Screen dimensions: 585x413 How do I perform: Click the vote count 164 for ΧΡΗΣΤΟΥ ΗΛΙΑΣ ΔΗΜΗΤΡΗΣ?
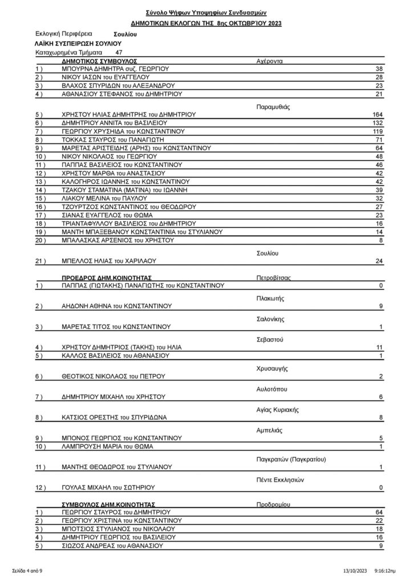point(378,114)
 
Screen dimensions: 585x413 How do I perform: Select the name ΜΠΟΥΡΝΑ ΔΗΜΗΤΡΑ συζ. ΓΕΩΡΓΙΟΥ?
point(115,68)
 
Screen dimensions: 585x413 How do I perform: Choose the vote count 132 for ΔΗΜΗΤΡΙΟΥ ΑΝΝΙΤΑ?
point(378,123)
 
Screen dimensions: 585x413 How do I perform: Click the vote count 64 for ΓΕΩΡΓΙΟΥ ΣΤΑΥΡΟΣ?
point(379,512)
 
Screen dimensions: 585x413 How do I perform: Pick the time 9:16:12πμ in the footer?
point(386,571)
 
